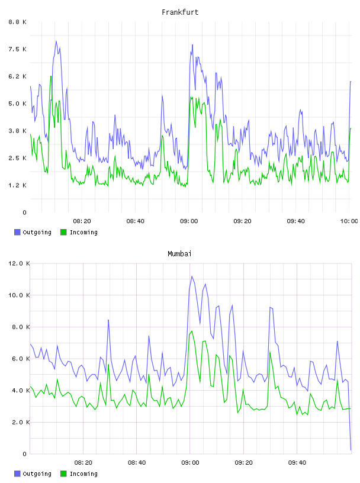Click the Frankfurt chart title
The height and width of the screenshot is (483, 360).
click(x=180, y=12)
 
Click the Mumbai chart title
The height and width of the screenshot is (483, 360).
click(x=179, y=253)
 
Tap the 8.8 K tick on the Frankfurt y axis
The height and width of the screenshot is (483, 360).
click(x=18, y=22)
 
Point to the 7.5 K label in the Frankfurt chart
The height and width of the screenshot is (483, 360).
click(x=18, y=49)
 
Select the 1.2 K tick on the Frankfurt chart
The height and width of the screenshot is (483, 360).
click(x=18, y=185)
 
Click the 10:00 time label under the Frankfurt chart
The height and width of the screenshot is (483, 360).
click(x=349, y=221)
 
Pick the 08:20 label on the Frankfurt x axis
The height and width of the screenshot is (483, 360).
click(x=82, y=221)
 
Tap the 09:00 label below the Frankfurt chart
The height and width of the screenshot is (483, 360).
click(x=189, y=221)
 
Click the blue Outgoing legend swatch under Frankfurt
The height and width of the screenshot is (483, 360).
click(x=17, y=232)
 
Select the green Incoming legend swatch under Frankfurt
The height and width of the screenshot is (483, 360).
click(x=63, y=232)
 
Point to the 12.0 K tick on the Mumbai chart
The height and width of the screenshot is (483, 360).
click(x=19, y=263)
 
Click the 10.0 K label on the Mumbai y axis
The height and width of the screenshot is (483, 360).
click(x=19, y=295)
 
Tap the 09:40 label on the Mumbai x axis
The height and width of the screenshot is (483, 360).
click(x=297, y=462)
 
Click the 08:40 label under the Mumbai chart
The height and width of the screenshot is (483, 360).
click(x=137, y=462)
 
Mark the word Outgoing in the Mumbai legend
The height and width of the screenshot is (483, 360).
click(x=37, y=474)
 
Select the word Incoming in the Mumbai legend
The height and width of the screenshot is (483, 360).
click(x=83, y=474)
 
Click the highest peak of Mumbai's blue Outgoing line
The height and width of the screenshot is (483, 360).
click(x=192, y=276)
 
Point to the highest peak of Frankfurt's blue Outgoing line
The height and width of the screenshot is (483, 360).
click(x=56, y=41)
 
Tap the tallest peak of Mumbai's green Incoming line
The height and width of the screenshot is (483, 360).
click(x=192, y=331)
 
